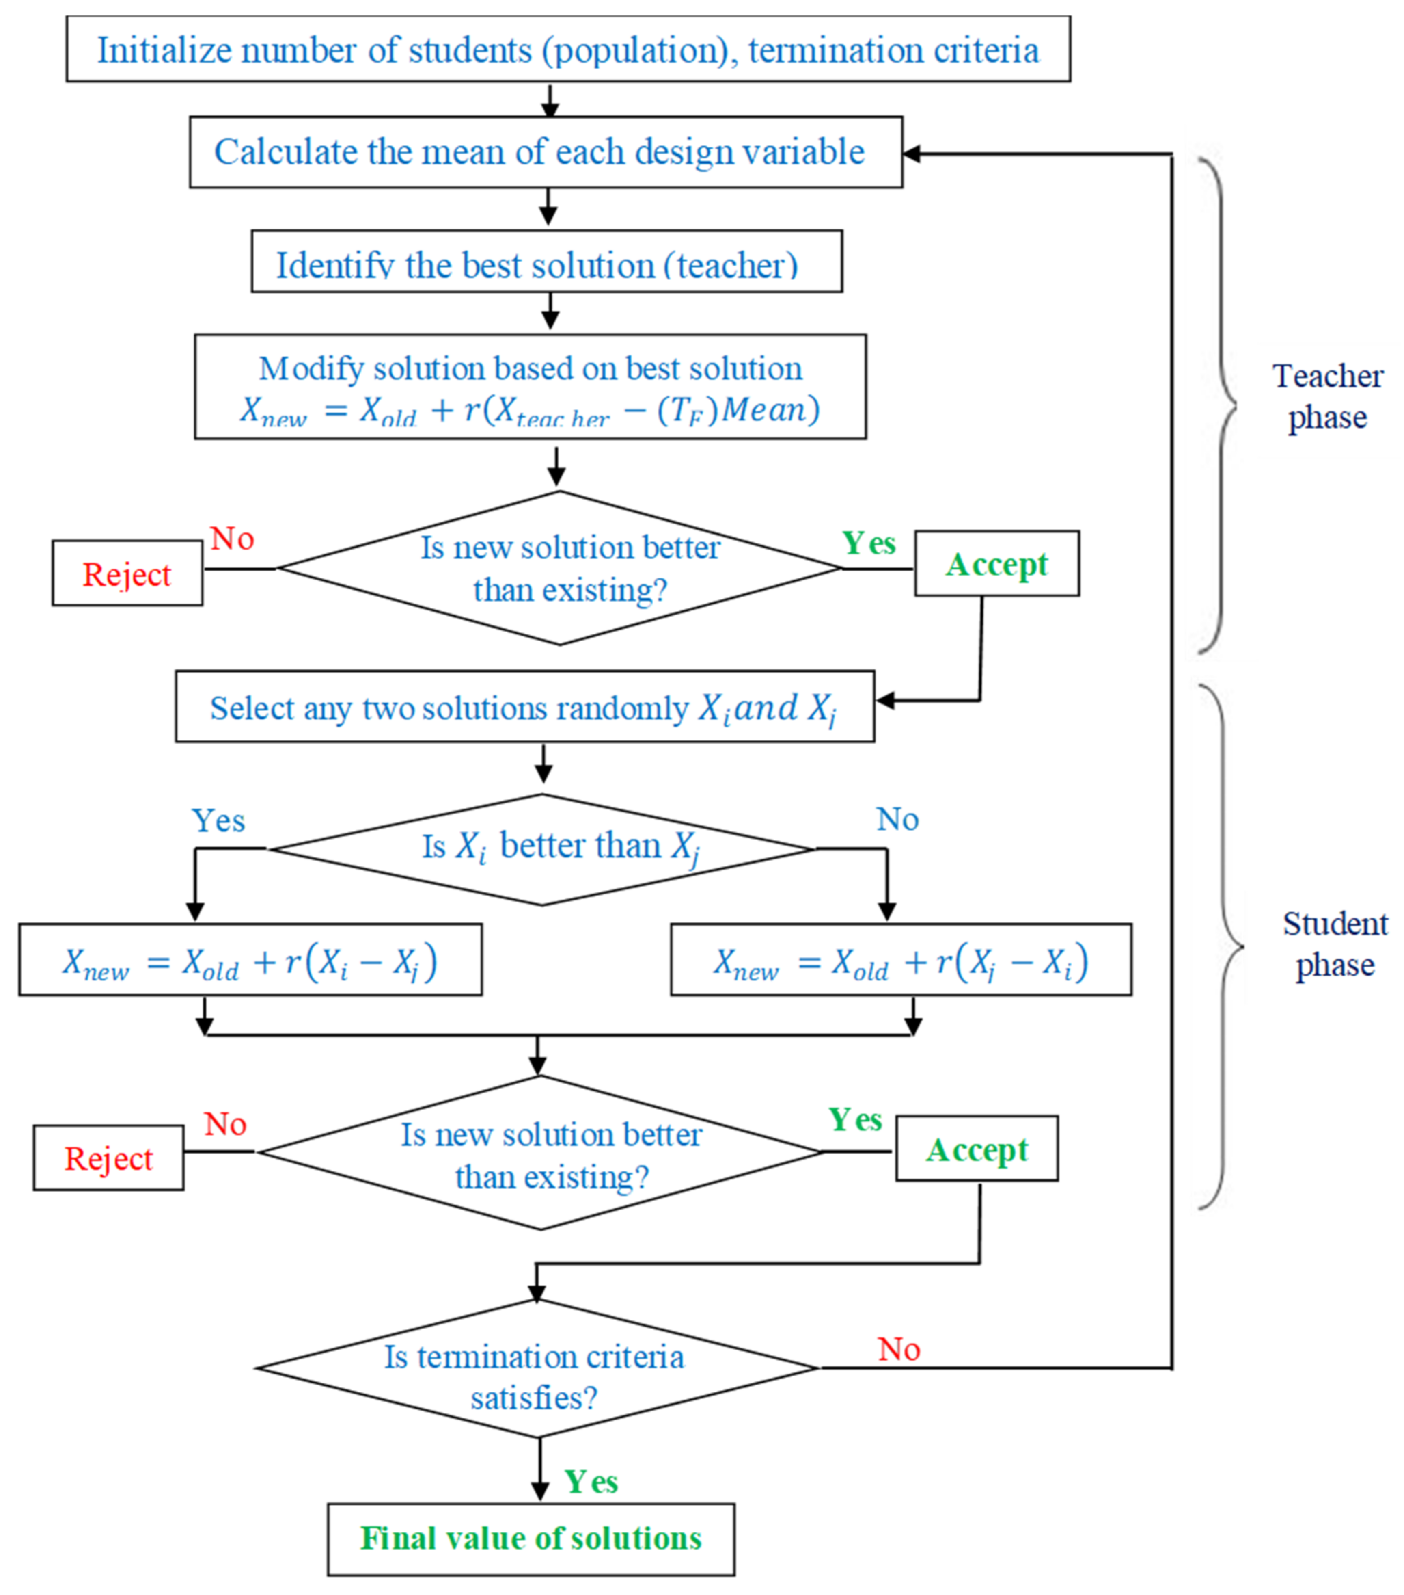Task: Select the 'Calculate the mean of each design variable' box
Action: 546,152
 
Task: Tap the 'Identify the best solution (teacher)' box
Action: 546,262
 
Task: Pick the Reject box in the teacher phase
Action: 127,574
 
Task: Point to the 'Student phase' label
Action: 1334,944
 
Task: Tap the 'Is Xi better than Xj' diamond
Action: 542,849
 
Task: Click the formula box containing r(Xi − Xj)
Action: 250,960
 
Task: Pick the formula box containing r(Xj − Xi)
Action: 901,960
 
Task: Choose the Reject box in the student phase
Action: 108,1158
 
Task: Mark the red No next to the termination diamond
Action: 899,1349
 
